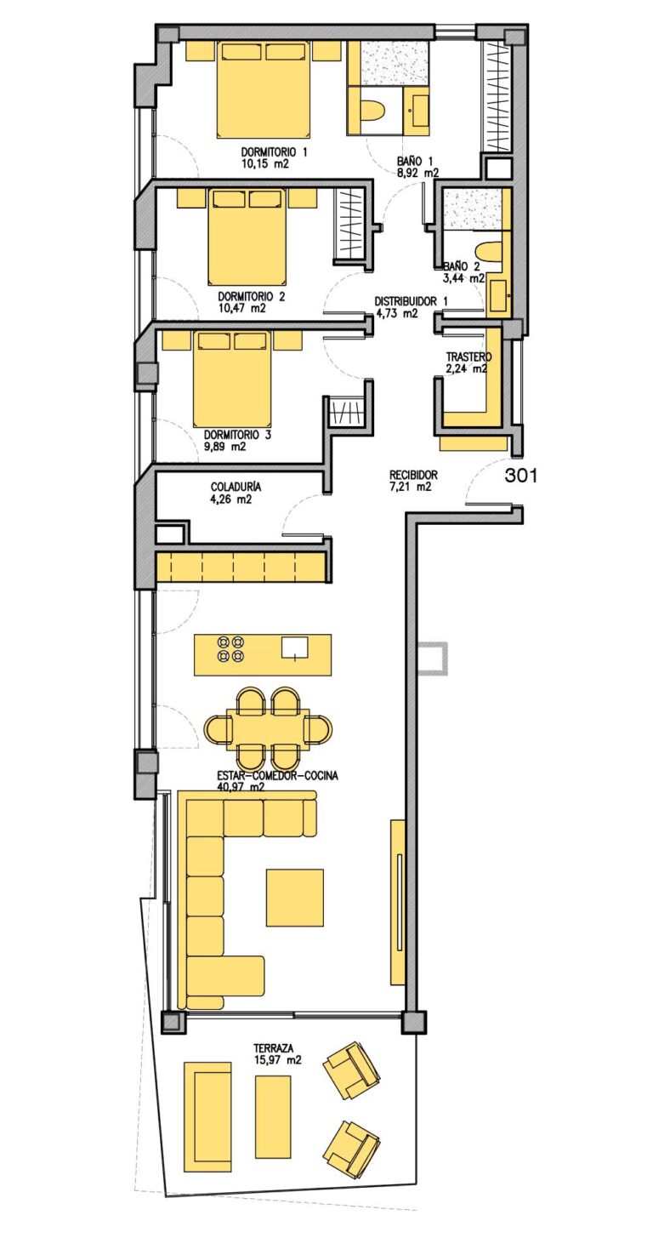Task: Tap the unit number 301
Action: click(x=521, y=476)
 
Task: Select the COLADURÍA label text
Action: click(x=236, y=487)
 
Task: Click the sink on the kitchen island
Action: click(x=295, y=648)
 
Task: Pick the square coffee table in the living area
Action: click(x=295, y=898)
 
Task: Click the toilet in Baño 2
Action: click(x=489, y=253)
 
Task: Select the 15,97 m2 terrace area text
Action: click(x=277, y=1060)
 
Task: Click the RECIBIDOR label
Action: click(x=413, y=475)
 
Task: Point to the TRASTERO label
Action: click(x=468, y=357)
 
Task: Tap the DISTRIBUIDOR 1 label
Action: click(x=412, y=302)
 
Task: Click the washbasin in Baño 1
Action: click(x=417, y=111)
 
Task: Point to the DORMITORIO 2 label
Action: click(x=252, y=297)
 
